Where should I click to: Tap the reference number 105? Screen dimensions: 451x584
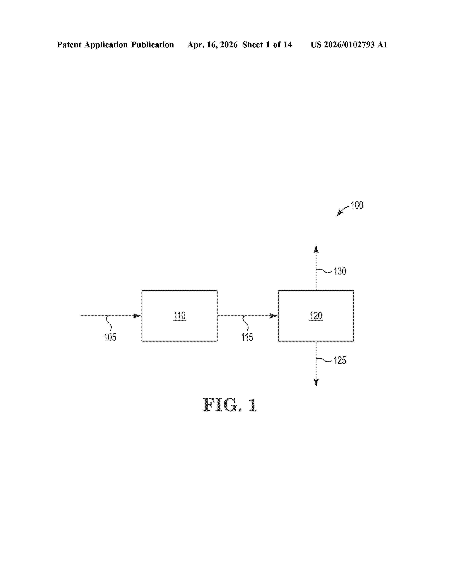110,337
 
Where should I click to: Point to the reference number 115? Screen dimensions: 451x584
247,337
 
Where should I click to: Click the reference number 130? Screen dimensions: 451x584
340,271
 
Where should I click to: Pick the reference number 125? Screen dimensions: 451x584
340,360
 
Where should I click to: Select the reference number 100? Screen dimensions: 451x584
357,205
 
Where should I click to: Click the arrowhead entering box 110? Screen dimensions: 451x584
137,316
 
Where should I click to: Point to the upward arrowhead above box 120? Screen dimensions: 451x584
316,249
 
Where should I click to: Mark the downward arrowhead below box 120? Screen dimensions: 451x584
316,383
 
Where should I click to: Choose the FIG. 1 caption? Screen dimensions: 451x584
230,405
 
